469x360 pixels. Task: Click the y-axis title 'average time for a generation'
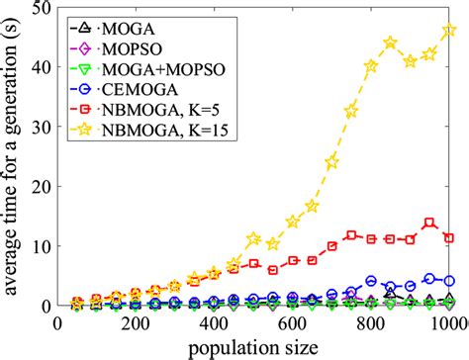pyautogui.click(x=14, y=158)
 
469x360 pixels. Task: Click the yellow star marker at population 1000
pyautogui.click(x=449, y=31)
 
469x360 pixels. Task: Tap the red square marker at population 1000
pyautogui.click(x=449, y=238)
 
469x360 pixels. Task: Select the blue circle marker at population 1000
pyautogui.click(x=449, y=281)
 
